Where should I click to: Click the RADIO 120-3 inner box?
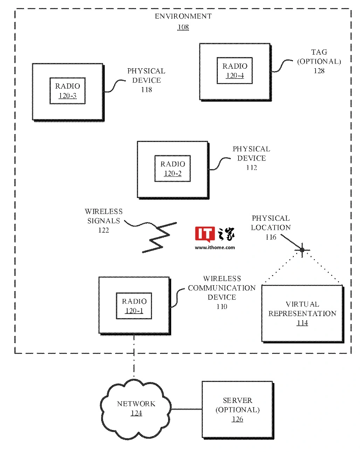tap(68, 91)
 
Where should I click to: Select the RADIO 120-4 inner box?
tap(235, 70)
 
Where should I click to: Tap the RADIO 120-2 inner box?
tap(173, 169)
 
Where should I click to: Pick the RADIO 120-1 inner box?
tap(134, 306)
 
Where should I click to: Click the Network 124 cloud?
tap(136, 409)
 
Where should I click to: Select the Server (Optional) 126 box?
tap(237, 410)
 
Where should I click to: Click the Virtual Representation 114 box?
tap(302, 313)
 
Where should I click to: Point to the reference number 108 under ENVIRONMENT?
tap(183, 27)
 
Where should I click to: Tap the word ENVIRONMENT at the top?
tap(183, 16)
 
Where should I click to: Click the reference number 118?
tap(146, 90)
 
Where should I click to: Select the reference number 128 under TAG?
tap(319, 71)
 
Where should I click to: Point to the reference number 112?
tap(251, 168)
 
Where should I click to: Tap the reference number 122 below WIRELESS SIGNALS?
tap(104, 230)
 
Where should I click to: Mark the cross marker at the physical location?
tap(302, 250)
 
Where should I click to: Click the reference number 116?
tap(271, 237)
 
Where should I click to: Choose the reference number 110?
tap(222, 307)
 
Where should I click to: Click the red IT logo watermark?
tap(205, 234)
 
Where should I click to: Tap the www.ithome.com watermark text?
tap(215, 247)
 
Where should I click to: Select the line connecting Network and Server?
tap(186, 409)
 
